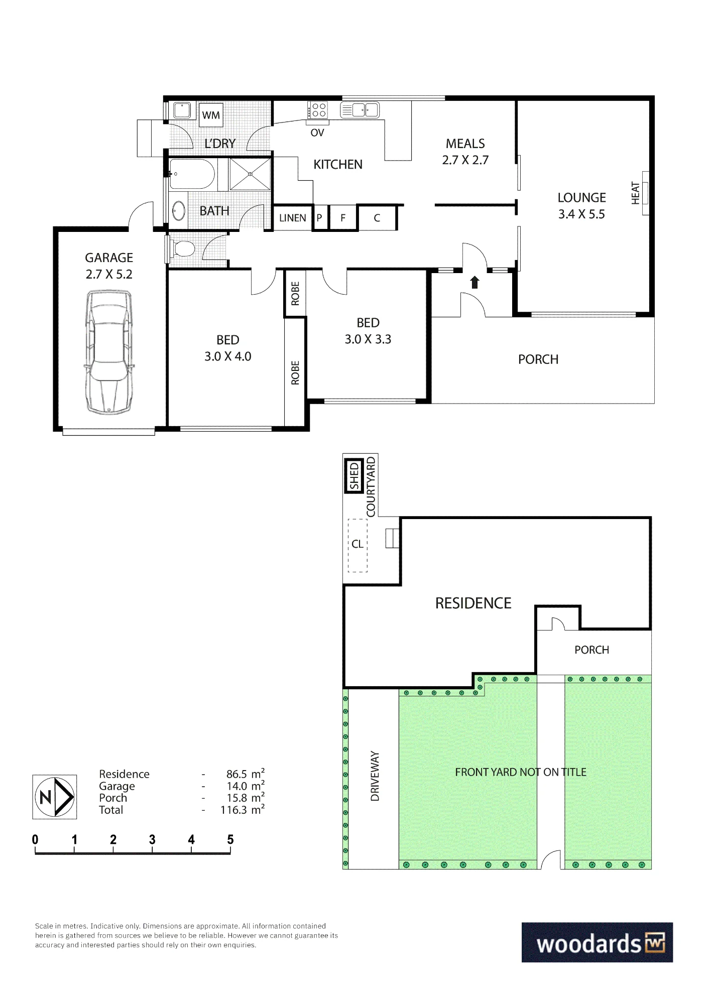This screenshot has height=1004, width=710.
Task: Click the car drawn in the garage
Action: click(x=109, y=352)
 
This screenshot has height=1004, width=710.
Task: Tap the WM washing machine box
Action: click(x=211, y=115)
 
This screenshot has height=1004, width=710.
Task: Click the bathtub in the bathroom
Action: click(x=192, y=174)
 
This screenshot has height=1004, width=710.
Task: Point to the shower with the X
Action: click(x=250, y=174)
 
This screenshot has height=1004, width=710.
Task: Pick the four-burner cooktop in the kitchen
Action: click(x=318, y=110)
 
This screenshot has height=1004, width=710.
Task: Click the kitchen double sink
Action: click(x=360, y=109)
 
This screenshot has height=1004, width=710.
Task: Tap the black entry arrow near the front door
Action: click(x=475, y=282)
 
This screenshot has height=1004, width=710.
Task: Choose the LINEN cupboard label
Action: click(x=293, y=218)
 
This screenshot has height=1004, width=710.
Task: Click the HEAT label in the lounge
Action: click(x=635, y=193)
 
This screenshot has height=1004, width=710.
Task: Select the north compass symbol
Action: click(x=55, y=797)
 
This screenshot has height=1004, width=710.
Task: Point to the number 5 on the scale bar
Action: click(x=230, y=839)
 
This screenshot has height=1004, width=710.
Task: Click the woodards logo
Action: click(x=597, y=942)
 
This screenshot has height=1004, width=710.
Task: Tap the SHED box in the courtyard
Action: click(x=354, y=476)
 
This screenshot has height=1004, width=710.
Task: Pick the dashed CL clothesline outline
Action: click(x=358, y=545)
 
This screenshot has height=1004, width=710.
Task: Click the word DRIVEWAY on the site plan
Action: click(x=375, y=776)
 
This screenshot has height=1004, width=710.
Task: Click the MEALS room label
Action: click(x=465, y=144)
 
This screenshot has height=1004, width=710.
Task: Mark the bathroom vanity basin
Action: click(x=178, y=211)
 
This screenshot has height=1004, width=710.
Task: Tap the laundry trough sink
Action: click(x=181, y=110)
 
